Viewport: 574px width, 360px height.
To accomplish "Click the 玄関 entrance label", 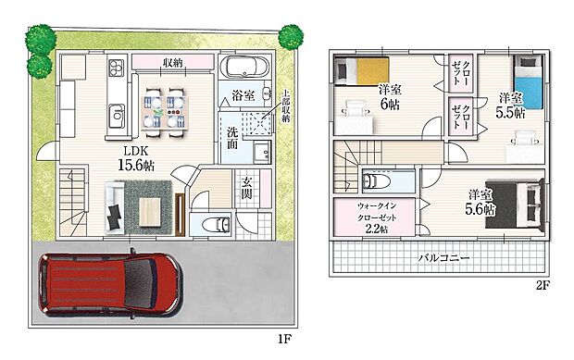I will coord(247,183).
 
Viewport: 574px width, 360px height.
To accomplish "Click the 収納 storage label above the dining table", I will coord(171,63).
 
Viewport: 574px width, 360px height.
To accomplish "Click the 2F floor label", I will coord(543,286).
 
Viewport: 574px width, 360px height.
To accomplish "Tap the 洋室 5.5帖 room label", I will coord(511,105).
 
